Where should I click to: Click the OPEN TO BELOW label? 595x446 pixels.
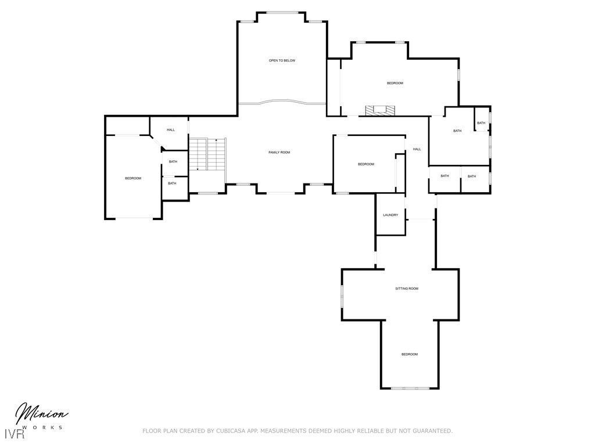[282, 60]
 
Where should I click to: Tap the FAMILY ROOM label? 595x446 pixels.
[279, 152]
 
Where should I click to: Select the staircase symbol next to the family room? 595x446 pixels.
[207, 154]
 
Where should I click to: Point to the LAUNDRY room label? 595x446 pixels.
[390, 215]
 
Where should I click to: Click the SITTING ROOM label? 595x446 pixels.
[407, 289]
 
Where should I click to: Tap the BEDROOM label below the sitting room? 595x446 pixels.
[409, 354]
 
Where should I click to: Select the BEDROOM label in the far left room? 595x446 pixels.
[133, 178]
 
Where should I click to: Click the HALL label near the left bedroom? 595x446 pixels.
[171, 130]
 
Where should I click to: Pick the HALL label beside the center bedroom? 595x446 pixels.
[417, 149]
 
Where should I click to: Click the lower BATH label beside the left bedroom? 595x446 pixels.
[172, 184]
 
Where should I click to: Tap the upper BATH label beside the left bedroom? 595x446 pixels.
[173, 161]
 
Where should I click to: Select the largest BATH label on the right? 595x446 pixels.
[457, 131]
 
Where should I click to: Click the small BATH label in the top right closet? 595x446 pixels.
[481, 123]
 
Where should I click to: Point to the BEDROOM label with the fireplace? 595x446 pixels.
[395, 83]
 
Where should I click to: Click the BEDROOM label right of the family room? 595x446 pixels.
[366, 164]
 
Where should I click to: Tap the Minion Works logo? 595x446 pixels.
[41, 416]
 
